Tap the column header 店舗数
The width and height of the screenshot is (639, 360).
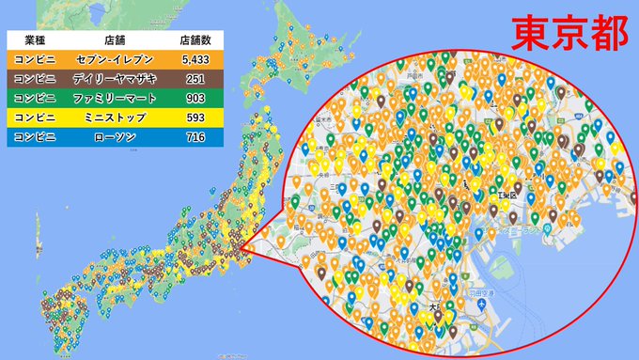point(196,41)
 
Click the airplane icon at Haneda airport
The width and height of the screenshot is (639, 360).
point(480,305)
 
